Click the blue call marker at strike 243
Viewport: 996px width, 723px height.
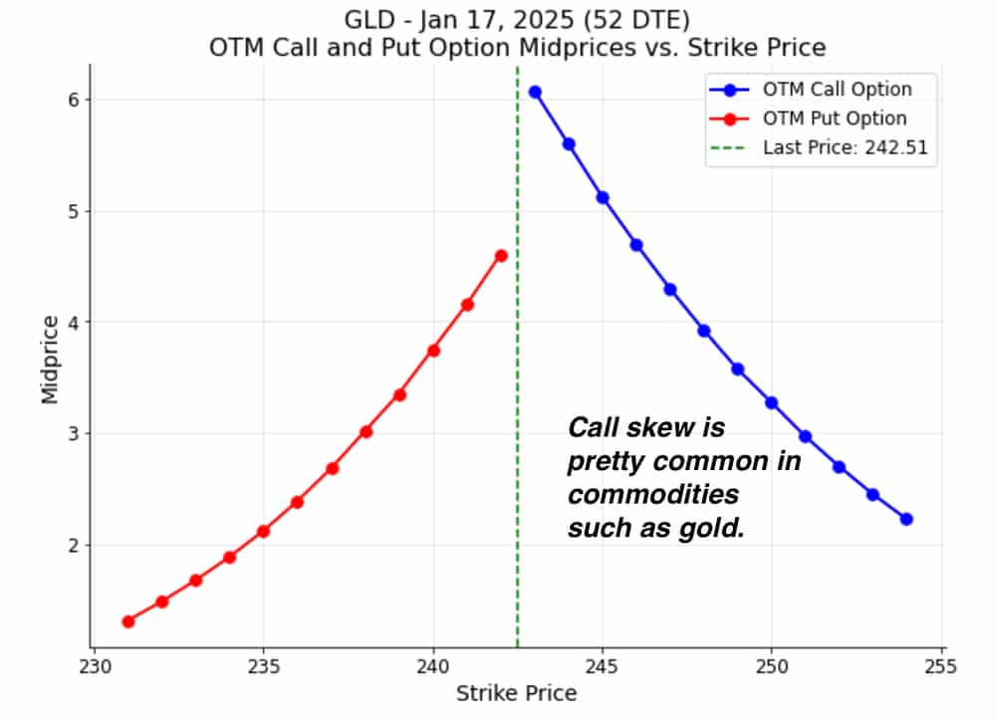[535, 92]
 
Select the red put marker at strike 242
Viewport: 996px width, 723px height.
[501, 256]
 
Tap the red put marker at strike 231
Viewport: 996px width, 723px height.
[128, 621]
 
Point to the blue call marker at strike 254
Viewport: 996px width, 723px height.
[906, 519]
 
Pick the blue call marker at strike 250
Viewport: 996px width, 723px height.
[771, 402]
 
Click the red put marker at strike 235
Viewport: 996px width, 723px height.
[264, 531]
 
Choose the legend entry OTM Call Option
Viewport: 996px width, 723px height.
[837, 90]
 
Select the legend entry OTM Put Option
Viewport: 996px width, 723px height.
[835, 119]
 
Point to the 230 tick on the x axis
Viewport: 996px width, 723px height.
[94, 664]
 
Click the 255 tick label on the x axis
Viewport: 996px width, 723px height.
[941, 664]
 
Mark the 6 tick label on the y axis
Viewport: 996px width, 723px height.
[59, 100]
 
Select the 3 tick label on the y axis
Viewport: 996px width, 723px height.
[59, 433]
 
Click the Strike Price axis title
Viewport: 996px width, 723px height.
[516, 693]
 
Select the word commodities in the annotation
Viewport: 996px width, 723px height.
[653, 495]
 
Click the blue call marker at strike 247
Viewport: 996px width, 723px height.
[670, 290]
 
